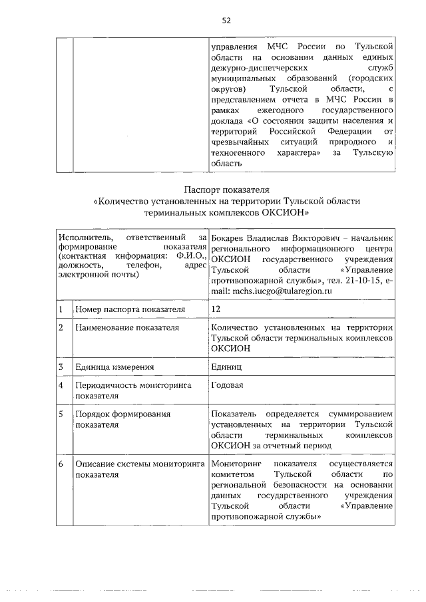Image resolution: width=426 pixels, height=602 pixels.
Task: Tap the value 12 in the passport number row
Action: [215, 309]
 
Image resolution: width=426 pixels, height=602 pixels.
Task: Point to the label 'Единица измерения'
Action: [114, 367]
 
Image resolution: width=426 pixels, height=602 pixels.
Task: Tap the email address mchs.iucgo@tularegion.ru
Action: [280, 291]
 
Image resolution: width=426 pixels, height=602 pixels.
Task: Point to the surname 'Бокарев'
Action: [230, 237]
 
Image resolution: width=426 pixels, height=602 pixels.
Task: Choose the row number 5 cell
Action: [61, 414]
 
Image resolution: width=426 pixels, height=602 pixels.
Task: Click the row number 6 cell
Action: [61, 463]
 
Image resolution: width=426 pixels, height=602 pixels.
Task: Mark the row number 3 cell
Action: [61, 367]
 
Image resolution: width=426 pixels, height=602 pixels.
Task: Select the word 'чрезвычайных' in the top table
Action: [240, 142]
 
